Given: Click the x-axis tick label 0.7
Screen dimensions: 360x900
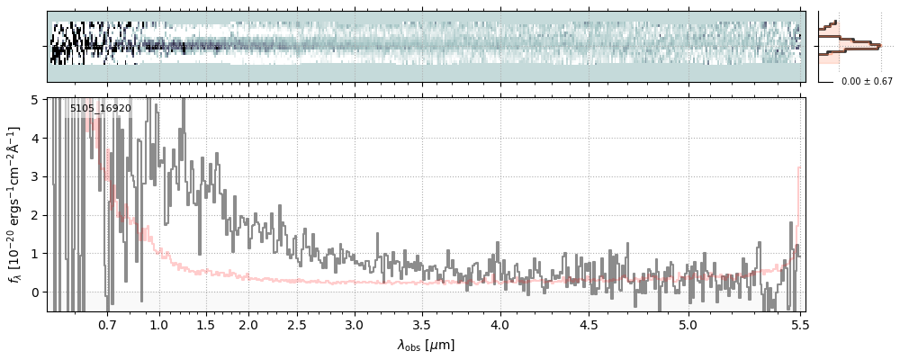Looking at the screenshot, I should tap(107, 324).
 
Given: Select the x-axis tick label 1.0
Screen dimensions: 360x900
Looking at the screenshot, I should tap(159, 324).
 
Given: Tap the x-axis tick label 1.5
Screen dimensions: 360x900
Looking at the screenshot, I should tap(205, 324).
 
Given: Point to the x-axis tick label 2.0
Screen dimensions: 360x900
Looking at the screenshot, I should tap(248, 324).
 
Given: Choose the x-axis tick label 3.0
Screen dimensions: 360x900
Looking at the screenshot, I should tap(355, 324).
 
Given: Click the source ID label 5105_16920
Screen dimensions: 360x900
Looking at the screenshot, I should tap(101, 109).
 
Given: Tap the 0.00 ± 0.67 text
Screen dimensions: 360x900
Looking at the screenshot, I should tap(867, 82).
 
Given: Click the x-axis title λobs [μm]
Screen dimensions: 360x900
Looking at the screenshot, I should tap(427, 345).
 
